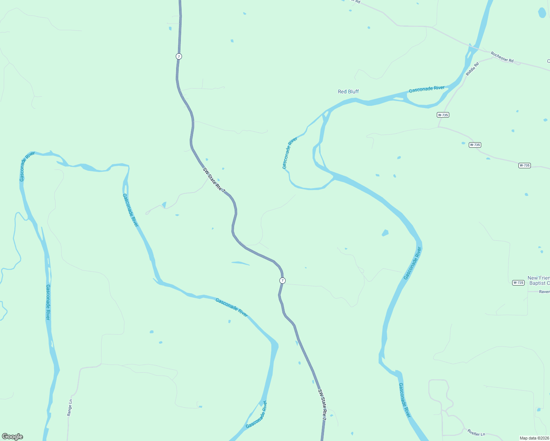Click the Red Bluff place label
coord(348,92)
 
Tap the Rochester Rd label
coord(502,57)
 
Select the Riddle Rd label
coord(472,69)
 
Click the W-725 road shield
coord(518,283)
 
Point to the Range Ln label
coord(69,407)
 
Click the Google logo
coord(12,437)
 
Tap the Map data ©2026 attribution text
coord(534,438)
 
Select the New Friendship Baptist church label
coord(539,280)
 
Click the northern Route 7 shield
coord(179,56)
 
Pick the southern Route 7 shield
coord(282,280)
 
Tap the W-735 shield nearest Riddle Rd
coord(443,115)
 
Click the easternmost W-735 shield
coord(524,165)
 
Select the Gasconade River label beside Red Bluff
coord(426,89)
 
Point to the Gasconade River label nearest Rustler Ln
coord(404,400)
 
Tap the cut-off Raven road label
coord(544,292)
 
